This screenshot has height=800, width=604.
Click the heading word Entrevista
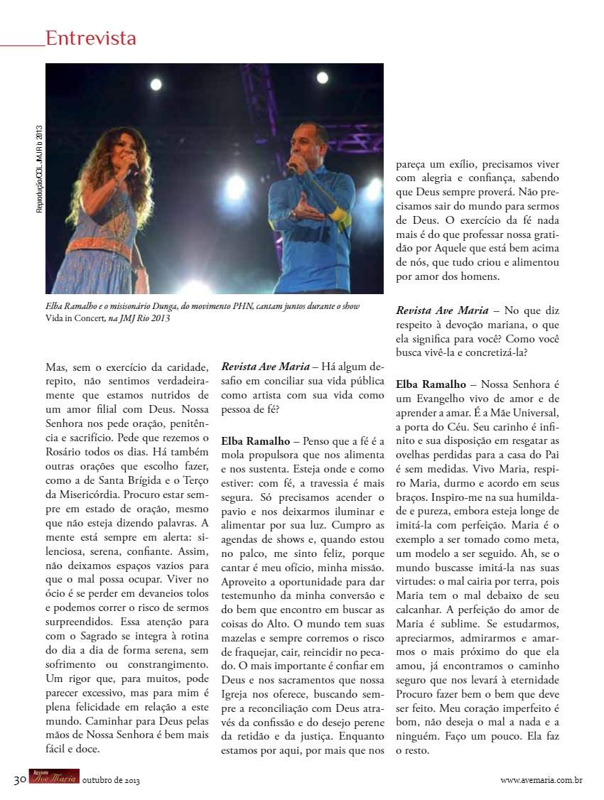(x=90, y=38)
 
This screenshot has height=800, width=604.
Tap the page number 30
(x=19, y=779)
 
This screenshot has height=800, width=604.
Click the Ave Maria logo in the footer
(x=53, y=779)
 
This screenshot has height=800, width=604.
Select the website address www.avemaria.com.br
(x=541, y=780)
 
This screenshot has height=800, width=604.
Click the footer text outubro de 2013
(x=111, y=781)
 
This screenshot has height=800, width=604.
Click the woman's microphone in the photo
(x=132, y=168)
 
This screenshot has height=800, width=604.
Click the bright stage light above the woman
(x=156, y=85)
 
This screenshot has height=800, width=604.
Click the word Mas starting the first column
(x=56, y=367)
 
